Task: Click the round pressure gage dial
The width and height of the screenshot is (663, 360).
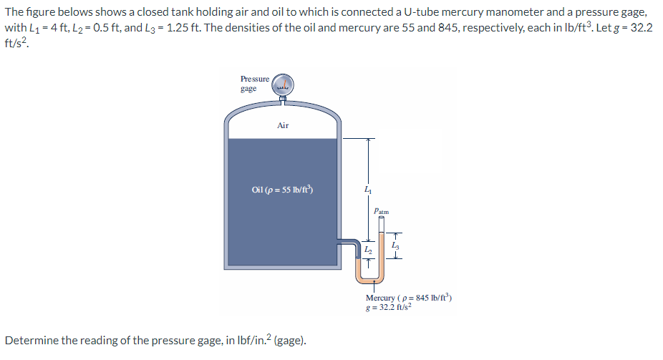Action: pyautogui.click(x=283, y=84)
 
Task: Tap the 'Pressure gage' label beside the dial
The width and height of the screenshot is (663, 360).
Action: pyautogui.click(x=255, y=83)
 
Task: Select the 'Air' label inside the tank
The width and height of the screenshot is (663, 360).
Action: pyautogui.click(x=283, y=125)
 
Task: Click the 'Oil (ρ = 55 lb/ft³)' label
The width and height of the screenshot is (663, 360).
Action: pyautogui.click(x=283, y=190)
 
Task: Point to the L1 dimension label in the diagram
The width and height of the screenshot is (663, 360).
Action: pyautogui.click(x=367, y=190)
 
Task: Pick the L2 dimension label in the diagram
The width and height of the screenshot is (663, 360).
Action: pyautogui.click(x=367, y=249)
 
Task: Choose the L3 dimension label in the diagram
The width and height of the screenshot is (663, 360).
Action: pyautogui.click(x=395, y=245)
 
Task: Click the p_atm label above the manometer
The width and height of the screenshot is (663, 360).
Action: pyautogui.click(x=382, y=211)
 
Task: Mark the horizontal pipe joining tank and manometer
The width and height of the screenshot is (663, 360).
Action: pyautogui.click(x=347, y=241)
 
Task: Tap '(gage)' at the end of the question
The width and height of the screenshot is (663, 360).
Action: pyautogui.click(x=290, y=340)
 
